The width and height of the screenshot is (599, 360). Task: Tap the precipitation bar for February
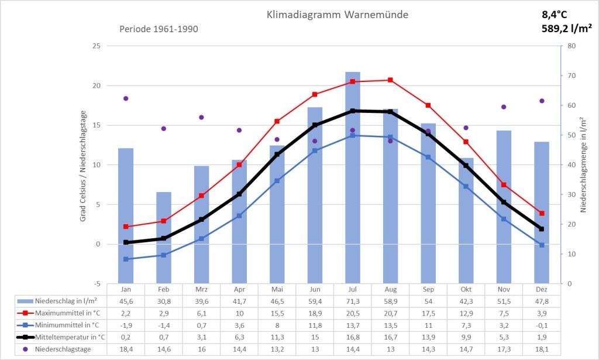pos(164,237)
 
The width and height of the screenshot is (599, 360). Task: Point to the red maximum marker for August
pos(391,80)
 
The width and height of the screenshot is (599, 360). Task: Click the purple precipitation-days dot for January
pos(126,98)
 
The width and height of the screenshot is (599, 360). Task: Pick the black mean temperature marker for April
pos(239,194)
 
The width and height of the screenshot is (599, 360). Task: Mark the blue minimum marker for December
pos(542,245)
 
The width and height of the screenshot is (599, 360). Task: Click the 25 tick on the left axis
pos(97,46)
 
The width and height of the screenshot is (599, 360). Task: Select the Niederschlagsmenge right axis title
pos(584,164)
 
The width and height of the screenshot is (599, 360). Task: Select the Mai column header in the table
pos(277,290)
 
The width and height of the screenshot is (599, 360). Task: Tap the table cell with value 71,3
pos(353,301)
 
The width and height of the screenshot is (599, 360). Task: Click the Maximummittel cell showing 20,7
pos(390,313)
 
